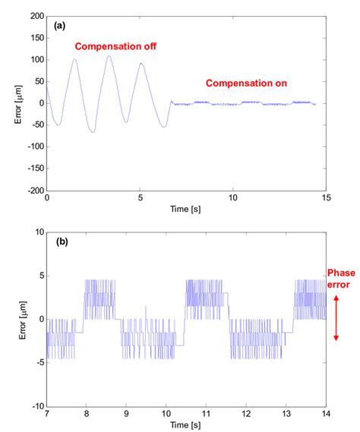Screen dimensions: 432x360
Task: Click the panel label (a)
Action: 58,25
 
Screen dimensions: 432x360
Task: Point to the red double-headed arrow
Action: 336,318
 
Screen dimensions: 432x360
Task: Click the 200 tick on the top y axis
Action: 36,15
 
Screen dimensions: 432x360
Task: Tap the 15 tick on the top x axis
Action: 326,198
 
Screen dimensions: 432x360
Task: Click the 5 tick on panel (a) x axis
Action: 141,198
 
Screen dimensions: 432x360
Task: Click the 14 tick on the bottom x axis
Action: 326,414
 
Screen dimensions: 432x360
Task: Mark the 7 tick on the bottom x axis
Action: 47,414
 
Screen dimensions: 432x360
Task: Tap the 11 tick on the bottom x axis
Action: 207,414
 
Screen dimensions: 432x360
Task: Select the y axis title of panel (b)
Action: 21,318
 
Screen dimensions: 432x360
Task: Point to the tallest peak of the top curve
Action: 109,55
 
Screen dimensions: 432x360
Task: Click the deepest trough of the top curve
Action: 93,133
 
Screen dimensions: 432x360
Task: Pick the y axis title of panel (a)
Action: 17,102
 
